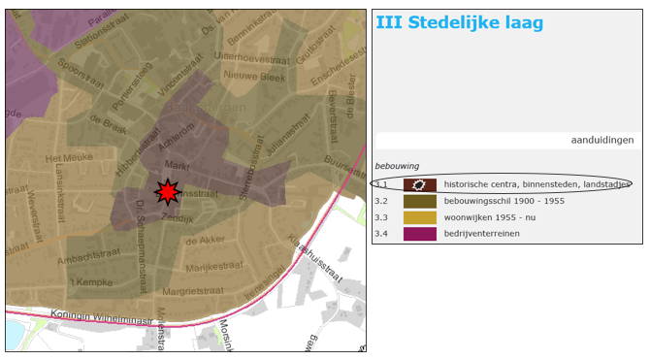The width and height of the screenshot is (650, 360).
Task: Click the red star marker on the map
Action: coord(169,192)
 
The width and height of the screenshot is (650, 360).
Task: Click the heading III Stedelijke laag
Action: coord(459,22)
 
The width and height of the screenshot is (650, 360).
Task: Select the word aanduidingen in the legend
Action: coord(601,140)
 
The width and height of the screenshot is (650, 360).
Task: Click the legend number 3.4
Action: coord(381,234)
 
